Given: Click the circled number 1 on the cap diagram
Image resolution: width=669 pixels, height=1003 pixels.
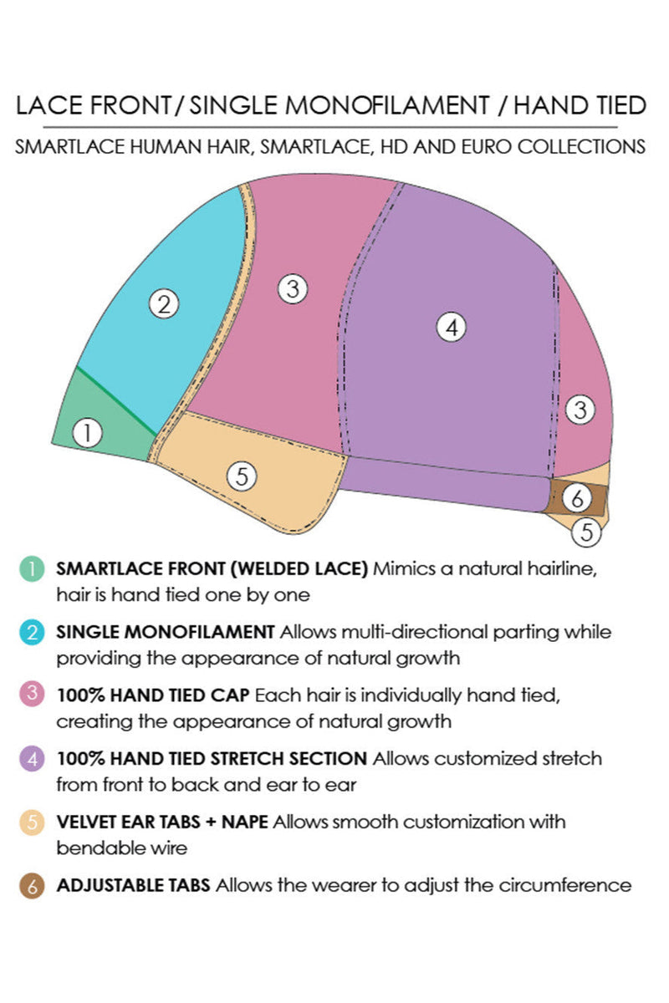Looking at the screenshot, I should [x=87, y=433].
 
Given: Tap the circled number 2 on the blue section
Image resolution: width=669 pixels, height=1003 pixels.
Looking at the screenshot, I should [x=164, y=304].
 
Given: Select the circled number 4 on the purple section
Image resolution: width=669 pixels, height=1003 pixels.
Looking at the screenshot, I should [x=452, y=328].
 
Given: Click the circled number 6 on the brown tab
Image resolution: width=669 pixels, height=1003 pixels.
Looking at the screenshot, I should [x=577, y=499].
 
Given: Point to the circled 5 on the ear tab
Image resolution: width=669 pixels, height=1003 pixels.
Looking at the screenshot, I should [x=242, y=476].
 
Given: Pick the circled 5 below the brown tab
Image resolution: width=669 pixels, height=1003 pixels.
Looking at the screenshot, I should [x=587, y=531].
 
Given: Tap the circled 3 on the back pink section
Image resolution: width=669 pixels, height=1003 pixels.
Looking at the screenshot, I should [x=580, y=410].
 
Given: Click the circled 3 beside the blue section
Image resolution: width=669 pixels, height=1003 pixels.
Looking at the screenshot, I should [x=292, y=289].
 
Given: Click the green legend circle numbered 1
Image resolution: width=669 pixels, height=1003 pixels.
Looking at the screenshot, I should [x=31, y=570].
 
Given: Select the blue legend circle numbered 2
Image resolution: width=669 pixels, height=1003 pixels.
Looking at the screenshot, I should [x=31, y=633].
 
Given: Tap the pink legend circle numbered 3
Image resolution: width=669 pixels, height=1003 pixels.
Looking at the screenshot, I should [x=31, y=695].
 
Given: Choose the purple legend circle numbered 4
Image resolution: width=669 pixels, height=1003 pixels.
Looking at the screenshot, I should [x=31, y=759].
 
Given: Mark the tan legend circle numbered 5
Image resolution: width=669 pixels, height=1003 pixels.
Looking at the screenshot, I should [x=31, y=822].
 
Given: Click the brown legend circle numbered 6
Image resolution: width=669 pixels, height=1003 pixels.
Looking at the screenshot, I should [x=31, y=885].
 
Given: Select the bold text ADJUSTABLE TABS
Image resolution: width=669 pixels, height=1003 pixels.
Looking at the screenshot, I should [x=134, y=885].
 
